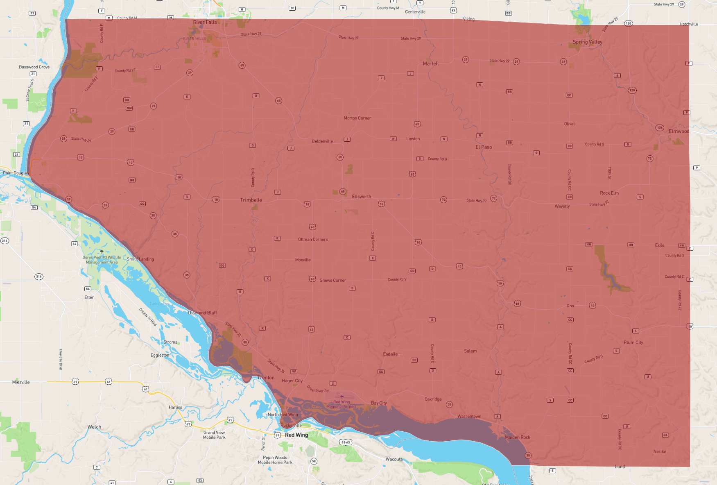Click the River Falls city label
(205, 22)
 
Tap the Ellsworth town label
(361, 197)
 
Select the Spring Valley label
(587, 42)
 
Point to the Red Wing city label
(296, 435)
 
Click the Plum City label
(633, 342)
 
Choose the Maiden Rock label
(517, 437)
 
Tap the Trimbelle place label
(251, 200)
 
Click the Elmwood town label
(679, 131)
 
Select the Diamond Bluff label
(202, 313)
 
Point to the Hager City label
(292, 381)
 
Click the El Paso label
(484, 147)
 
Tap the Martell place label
(431, 63)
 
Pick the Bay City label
(379, 403)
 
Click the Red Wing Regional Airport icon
(342, 397)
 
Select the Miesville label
(21, 382)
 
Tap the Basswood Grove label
(34, 67)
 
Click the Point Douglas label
(16, 173)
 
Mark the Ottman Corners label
(313, 240)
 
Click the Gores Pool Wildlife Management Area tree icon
(102, 252)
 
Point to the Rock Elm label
(609, 193)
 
